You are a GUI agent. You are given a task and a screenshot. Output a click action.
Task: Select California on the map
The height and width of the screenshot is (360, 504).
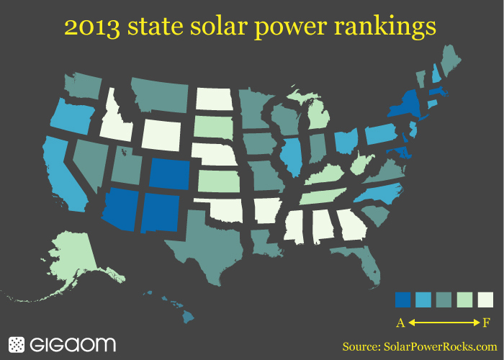pyautogui.click(x=62, y=173)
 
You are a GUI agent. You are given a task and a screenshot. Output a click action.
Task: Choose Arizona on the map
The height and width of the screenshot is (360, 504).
pyautogui.click(x=120, y=210)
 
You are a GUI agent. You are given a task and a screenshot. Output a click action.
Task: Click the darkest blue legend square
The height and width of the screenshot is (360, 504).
pyautogui.click(x=403, y=299)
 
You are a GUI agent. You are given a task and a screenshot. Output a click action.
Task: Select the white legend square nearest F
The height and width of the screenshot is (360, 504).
pyautogui.click(x=484, y=299)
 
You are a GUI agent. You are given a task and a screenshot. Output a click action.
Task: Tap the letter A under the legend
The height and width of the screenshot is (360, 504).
pyautogui.click(x=400, y=321)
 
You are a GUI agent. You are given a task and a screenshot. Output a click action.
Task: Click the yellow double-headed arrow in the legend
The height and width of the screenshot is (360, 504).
pyautogui.click(x=443, y=321)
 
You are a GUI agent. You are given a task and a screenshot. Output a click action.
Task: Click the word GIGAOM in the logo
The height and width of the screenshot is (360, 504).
pyautogui.click(x=73, y=344)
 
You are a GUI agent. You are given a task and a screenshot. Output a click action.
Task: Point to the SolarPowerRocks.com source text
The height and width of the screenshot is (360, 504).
pyautogui.click(x=439, y=346)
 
